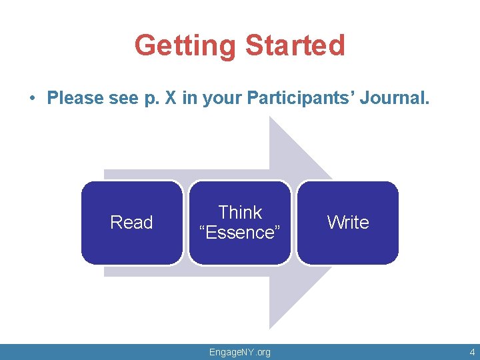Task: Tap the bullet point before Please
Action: pos(32,99)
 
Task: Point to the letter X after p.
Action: pos(171,99)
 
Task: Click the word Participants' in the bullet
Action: pos(301,99)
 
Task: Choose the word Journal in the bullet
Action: pos(394,99)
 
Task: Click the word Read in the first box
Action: pos(131,223)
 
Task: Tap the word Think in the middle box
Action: pos(240,213)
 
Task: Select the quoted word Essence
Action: pos(240,233)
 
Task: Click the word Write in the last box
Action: pos(348,223)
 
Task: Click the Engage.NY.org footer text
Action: pos(240,352)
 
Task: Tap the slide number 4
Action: pos(471,352)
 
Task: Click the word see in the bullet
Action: pos(123,99)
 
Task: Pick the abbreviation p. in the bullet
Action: pos(151,99)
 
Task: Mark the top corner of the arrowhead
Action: pos(269,117)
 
